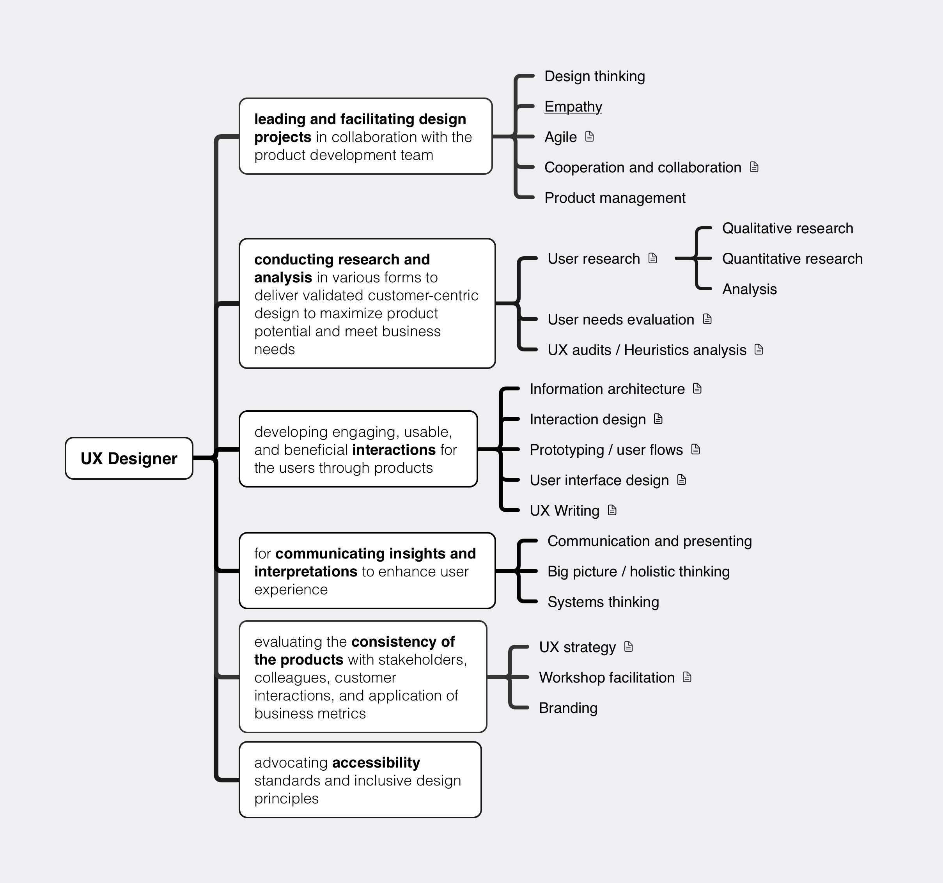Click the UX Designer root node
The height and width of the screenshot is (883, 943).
pos(129,458)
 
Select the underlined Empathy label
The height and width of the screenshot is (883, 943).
pos(573,107)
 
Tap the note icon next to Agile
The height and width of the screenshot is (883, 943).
pos(590,137)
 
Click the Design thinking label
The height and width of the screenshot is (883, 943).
pos(594,76)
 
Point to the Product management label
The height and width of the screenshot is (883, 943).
pos(615,198)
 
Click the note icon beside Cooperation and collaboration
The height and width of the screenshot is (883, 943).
pos(754,167)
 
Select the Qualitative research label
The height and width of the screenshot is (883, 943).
pos(787,228)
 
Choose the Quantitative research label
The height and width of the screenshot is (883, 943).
pos(792,259)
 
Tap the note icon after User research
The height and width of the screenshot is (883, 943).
pos(653,258)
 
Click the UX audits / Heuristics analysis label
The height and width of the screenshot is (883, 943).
pos(647,350)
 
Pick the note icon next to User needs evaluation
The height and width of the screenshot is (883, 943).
pos(707,319)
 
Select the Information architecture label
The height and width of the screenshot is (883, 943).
pos(607,389)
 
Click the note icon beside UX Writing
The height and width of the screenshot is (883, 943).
pos(612,510)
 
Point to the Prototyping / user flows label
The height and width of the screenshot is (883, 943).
pos(606,450)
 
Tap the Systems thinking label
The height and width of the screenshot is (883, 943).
pos(603,602)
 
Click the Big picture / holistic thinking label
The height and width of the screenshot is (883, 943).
pos(638,572)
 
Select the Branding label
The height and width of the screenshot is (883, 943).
pos(568,708)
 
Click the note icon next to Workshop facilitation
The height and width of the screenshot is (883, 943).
pos(687,677)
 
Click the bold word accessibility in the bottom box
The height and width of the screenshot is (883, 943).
pos(376,762)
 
